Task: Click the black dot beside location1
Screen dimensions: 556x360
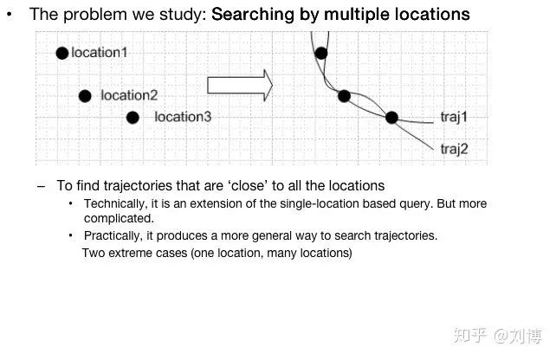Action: (61, 53)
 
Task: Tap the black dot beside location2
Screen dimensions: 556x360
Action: (85, 96)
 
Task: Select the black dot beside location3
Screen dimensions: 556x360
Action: (133, 118)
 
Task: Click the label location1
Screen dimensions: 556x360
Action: (100, 53)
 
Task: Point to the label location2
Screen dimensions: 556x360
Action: (129, 96)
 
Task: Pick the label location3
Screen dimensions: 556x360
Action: (183, 117)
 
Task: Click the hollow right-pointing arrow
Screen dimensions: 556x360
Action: (239, 85)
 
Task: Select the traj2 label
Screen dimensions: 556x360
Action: (454, 149)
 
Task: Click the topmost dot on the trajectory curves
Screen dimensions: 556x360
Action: (321, 53)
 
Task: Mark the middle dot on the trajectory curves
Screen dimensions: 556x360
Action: (344, 96)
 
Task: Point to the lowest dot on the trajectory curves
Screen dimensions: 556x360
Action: (391, 118)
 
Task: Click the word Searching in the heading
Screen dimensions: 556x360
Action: (251, 15)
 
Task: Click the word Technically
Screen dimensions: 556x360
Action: (115, 203)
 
